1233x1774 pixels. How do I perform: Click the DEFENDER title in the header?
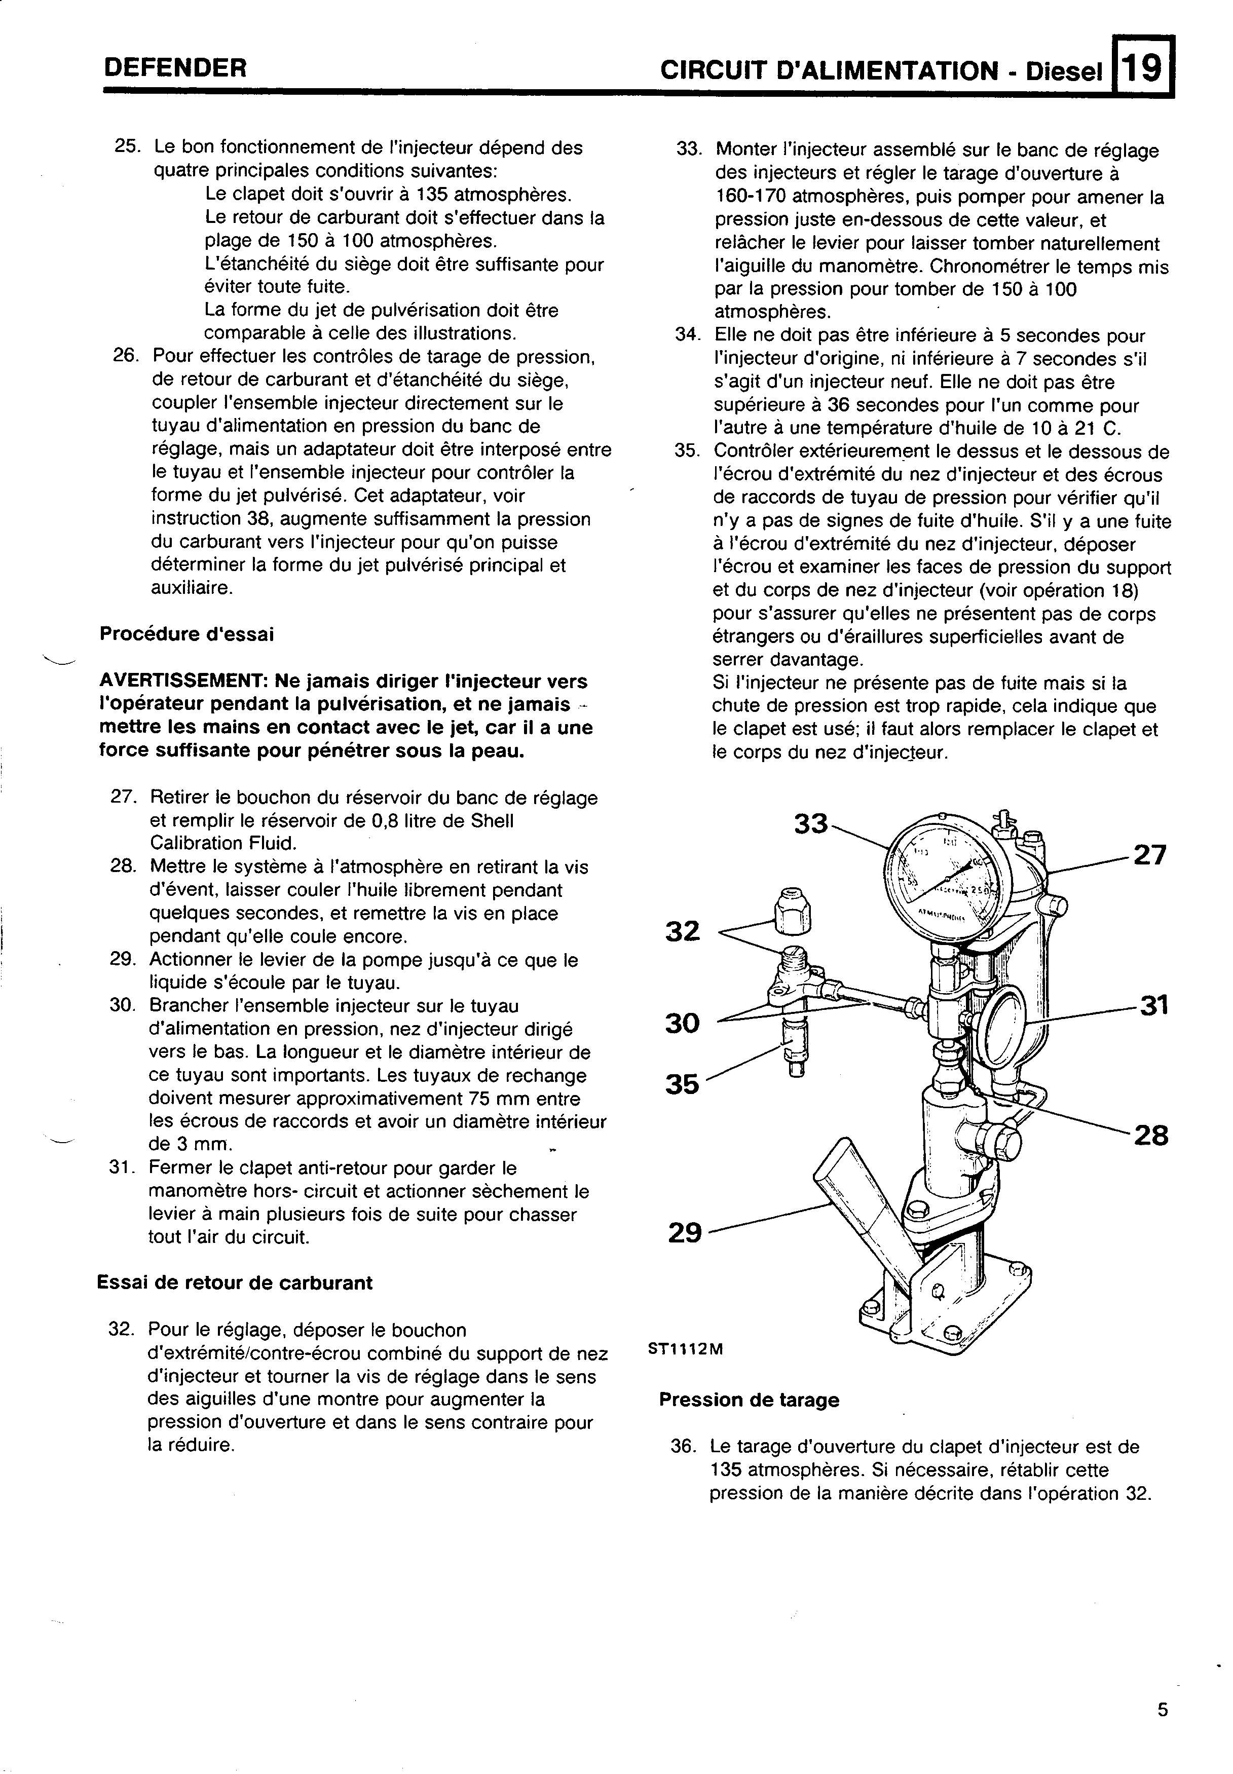(175, 69)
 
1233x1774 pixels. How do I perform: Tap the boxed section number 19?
(1142, 69)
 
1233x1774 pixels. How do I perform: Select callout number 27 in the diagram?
(1149, 856)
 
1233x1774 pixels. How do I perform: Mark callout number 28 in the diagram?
(1150, 1136)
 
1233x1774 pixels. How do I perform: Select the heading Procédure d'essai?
(186, 634)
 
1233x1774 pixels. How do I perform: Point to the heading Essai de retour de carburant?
(234, 1283)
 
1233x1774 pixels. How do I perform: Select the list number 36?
(684, 1447)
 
